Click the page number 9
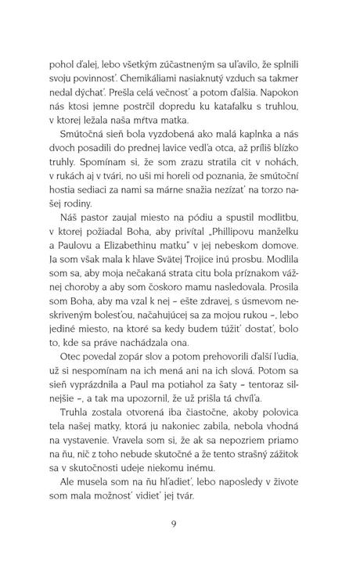point(181,524)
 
